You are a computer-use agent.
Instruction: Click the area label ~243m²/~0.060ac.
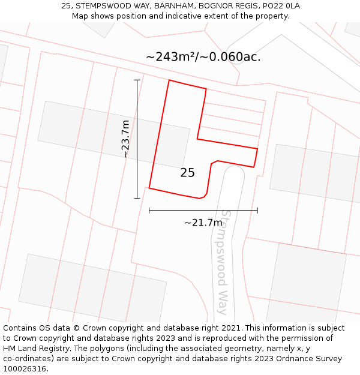(x=203, y=57)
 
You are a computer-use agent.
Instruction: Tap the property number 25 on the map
(x=187, y=173)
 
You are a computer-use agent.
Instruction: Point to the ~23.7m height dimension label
(x=125, y=139)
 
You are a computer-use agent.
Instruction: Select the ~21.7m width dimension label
(x=203, y=223)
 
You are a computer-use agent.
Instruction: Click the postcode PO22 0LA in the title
(x=281, y=6)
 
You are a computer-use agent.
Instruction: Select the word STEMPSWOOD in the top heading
(x=100, y=6)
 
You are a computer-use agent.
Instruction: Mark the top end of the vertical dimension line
(x=137, y=80)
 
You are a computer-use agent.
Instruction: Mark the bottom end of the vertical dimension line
(x=137, y=198)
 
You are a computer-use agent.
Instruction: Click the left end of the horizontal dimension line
(x=149, y=210)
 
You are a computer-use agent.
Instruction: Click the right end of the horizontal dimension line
(x=257, y=210)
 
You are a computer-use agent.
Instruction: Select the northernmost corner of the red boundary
(x=169, y=80)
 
